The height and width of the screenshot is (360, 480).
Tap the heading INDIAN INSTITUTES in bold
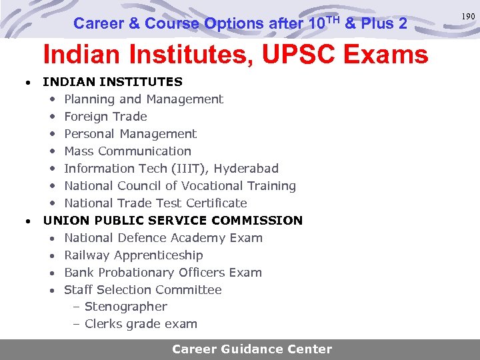click(x=112, y=82)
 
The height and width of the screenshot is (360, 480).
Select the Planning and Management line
click(x=143, y=99)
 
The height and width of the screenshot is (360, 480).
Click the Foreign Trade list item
click(x=105, y=117)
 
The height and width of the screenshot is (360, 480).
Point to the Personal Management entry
click(x=130, y=134)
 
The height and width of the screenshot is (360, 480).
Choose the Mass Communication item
click(x=127, y=151)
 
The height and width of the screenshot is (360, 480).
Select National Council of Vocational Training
click(x=179, y=186)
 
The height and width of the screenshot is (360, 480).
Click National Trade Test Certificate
click(x=155, y=203)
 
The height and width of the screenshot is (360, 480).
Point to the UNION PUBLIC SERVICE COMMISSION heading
click(x=173, y=220)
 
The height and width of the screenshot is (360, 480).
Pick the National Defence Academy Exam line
click(x=163, y=238)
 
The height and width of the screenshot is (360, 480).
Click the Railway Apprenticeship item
click(x=133, y=255)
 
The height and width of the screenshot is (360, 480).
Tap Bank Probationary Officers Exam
click(x=163, y=273)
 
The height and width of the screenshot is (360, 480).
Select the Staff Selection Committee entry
click(x=143, y=290)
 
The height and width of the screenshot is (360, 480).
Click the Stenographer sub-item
click(x=125, y=307)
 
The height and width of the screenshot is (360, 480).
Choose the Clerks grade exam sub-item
click(x=141, y=324)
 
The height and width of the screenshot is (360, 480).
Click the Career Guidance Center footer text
click(x=251, y=349)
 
